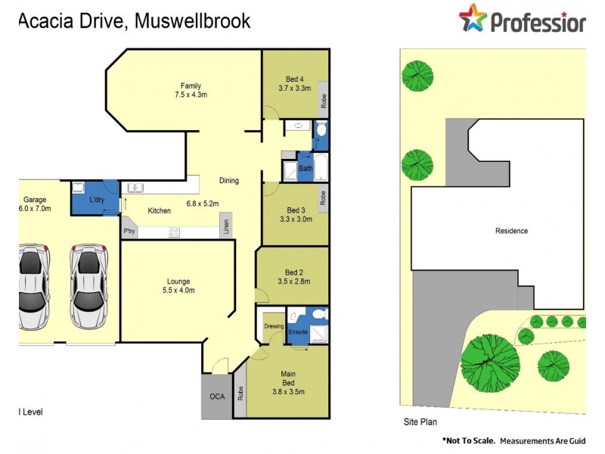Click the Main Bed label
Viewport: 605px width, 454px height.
[287, 374]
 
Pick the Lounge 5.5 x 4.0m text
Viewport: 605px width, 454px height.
[178, 290]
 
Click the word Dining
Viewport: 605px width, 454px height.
[229, 181]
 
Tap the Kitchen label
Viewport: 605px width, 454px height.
[160, 210]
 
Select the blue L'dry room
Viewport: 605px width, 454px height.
[95, 198]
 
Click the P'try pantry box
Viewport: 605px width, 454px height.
[128, 232]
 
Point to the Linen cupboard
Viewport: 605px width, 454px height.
[225, 225]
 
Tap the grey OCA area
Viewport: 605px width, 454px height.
[216, 396]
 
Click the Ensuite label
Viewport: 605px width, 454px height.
[298, 331]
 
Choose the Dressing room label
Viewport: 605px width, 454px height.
[273, 326]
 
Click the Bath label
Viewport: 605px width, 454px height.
[306, 169]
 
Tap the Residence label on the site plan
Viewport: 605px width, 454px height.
[511, 231]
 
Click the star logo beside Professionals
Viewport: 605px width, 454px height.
[472, 18]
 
